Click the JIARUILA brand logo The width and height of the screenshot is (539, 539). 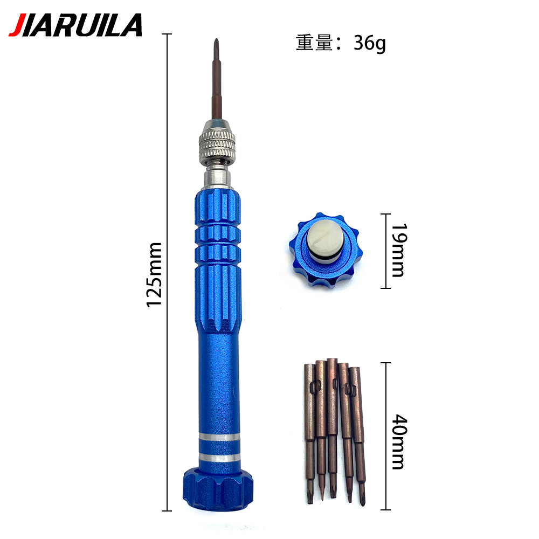pos(75,25)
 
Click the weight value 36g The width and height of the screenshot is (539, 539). pos(370,43)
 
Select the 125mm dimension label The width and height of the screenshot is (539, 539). pos(155,275)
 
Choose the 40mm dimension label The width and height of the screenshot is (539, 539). pos(398,441)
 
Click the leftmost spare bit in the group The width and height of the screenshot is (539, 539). pos(309,431)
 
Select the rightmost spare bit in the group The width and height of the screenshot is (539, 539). pos(357,431)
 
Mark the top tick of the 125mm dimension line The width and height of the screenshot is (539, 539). pos(167,34)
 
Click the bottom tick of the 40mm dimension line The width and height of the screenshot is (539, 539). pos(385,509)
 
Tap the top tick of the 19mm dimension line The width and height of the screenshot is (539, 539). pos(385,215)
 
